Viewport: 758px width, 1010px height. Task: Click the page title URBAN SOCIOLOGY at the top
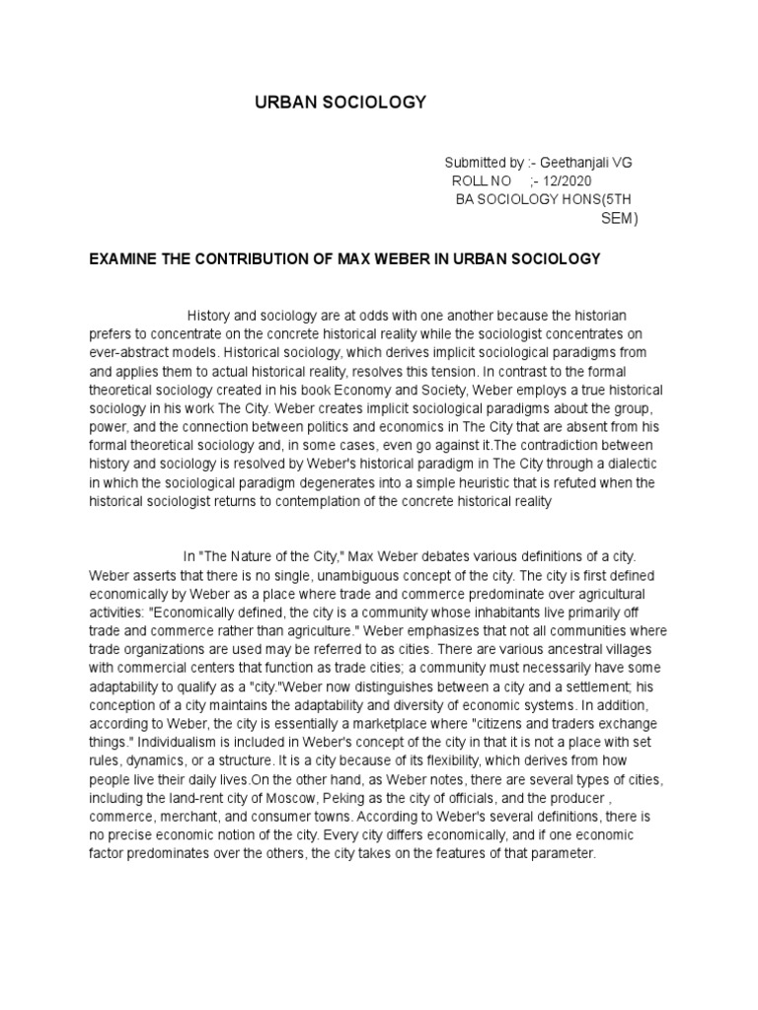[x=341, y=102]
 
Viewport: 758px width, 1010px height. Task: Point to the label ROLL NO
[x=482, y=181]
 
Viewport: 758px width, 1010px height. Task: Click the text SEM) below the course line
[x=620, y=219]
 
